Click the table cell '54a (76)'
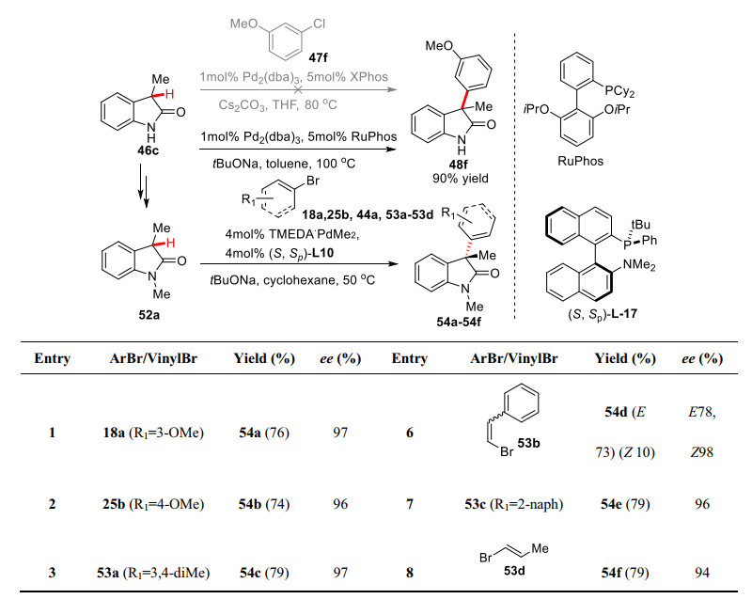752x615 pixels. pos(263,435)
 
